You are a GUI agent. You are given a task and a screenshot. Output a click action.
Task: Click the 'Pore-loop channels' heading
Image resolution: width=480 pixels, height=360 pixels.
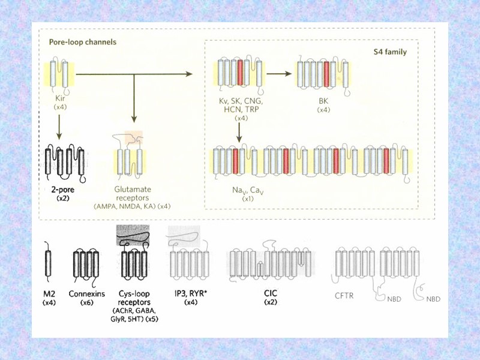[82, 43]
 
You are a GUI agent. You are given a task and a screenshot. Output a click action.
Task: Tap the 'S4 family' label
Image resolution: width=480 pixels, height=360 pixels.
[390, 52]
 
